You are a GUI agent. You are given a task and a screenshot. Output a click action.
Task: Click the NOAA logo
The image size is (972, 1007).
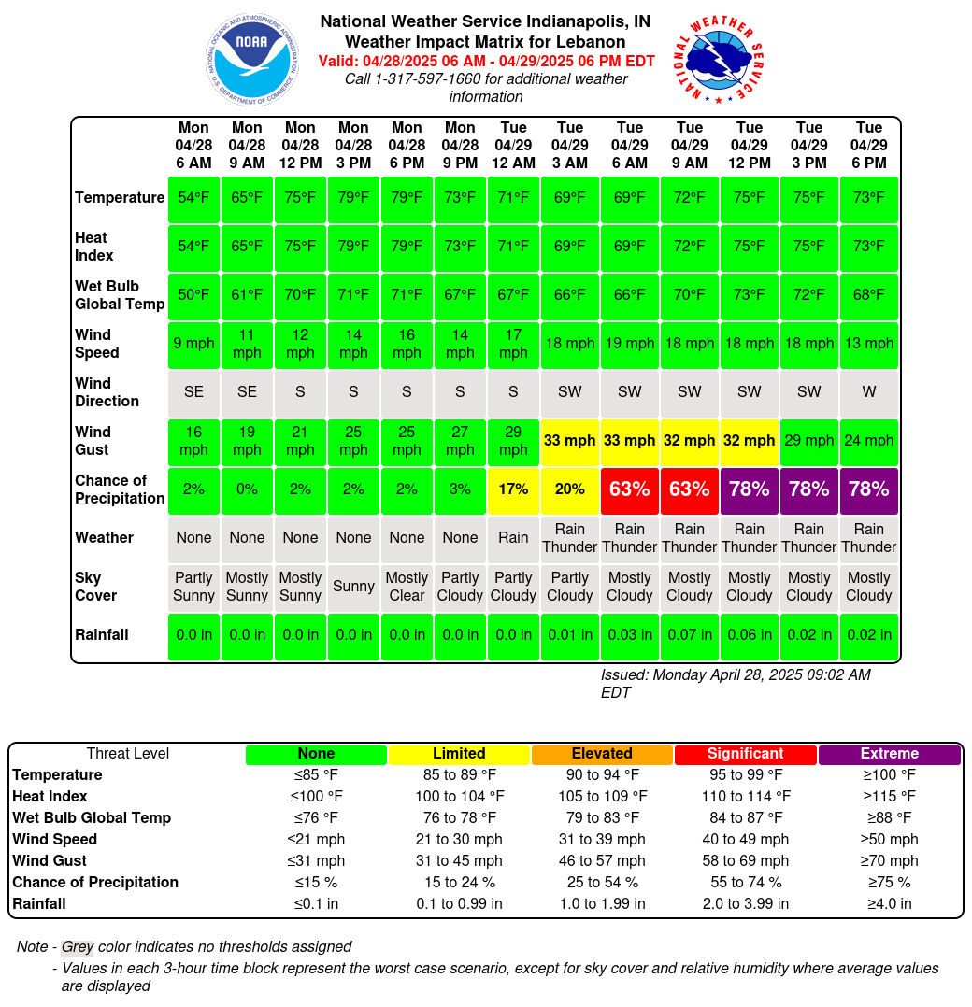point(252,59)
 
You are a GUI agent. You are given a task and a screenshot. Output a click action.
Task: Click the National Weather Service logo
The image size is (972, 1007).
point(719,59)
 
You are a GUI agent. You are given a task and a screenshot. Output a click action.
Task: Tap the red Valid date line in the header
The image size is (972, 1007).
point(486,61)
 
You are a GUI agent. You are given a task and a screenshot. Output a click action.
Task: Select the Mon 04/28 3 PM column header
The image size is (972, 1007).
point(353,145)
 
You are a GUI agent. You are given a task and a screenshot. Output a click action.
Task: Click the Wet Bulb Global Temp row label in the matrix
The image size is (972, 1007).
point(120,295)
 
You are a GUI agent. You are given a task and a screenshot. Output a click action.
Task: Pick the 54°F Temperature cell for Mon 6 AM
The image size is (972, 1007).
point(193,198)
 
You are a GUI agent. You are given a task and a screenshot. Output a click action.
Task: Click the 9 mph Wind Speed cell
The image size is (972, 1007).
point(193,344)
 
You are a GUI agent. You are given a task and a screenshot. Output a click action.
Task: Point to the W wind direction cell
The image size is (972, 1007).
point(868,391)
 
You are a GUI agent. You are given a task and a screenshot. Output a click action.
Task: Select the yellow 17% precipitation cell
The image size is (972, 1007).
point(513,489)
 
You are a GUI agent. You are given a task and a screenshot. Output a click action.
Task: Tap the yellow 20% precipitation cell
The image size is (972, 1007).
point(570,489)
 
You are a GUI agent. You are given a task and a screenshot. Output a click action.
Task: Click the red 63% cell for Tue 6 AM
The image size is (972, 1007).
point(630,489)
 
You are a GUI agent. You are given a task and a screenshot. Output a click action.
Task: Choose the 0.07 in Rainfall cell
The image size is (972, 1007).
point(690,634)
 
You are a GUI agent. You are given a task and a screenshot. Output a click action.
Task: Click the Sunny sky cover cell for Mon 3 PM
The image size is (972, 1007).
point(353,587)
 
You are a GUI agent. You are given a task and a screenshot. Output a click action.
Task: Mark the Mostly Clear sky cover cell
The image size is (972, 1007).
point(407,587)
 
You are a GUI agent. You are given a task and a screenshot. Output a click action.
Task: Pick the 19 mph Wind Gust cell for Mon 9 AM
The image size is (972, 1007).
point(247,441)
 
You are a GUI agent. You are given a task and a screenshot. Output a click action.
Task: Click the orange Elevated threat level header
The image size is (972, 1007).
point(602,754)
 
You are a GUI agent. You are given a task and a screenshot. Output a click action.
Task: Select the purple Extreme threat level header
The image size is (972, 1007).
point(889,754)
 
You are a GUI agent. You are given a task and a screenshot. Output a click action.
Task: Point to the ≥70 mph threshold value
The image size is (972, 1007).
point(889,860)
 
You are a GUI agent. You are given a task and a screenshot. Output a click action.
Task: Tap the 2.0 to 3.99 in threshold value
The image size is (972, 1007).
point(745,903)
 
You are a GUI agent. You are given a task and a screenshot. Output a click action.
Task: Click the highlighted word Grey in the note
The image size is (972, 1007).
point(78,946)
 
